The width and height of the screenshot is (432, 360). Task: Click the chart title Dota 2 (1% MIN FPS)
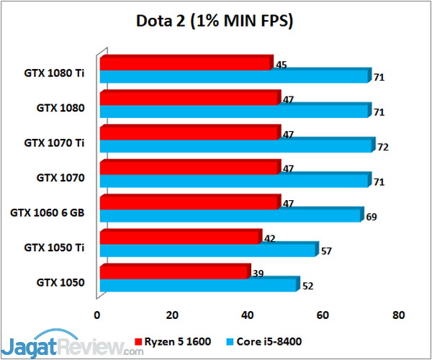click(x=215, y=21)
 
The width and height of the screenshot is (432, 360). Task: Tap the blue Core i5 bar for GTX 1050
click(x=199, y=284)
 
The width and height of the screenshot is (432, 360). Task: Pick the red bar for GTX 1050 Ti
click(x=181, y=237)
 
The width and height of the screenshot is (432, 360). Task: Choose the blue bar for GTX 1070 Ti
click(x=238, y=145)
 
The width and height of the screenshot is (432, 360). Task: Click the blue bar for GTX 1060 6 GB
click(x=232, y=215)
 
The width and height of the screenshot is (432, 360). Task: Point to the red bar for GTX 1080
click(x=190, y=97)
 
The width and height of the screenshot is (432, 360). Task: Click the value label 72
click(x=383, y=147)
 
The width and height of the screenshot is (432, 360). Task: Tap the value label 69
click(x=372, y=217)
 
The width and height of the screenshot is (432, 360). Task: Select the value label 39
click(x=258, y=274)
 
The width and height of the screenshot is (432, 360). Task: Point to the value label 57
click(x=326, y=251)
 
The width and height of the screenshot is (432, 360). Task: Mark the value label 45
click(x=282, y=65)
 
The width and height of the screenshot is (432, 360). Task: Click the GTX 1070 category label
click(x=60, y=178)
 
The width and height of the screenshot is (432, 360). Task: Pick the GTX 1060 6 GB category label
click(x=47, y=212)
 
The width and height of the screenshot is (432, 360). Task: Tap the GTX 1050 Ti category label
click(x=54, y=248)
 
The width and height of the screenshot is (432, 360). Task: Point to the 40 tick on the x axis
click(x=248, y=315)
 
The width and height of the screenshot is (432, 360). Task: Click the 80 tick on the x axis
click(x=398, y=315)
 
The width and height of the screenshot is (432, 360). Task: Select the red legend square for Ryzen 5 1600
click(x=138, y=342)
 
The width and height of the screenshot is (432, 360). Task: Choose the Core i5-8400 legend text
click(x=269, y=341)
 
